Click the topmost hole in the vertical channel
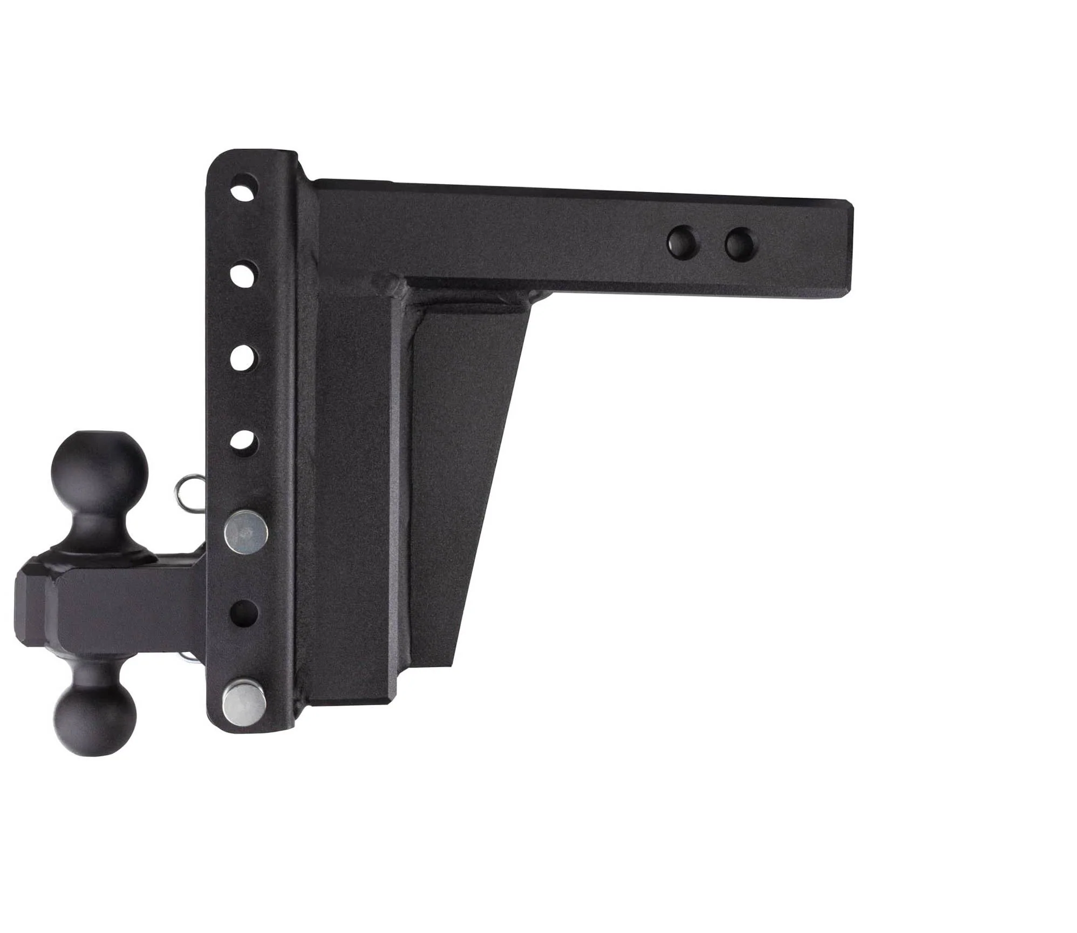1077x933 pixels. click(x=244, y=187)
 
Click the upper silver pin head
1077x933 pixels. click(x=246, y=533)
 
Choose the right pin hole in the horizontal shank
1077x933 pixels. click(x=739, y=244)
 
